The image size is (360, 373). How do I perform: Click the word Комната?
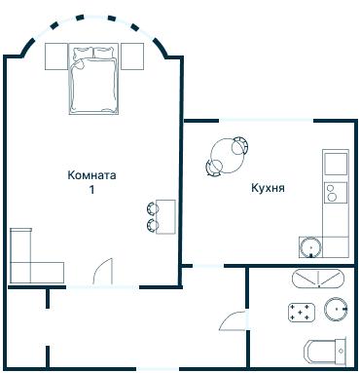[x=92, y=176]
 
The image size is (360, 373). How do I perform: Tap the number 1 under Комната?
[x=92, y=191]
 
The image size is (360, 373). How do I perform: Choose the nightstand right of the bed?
[x=131, y=56]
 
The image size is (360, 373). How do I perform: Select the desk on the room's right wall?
[x=166, y=216]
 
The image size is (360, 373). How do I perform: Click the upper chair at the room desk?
[x=153, y=206]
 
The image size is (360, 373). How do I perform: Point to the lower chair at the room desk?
[x=153, y=226]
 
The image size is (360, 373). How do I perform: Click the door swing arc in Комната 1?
[x=105, y=270]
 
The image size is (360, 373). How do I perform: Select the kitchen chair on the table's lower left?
[x=212, y=168]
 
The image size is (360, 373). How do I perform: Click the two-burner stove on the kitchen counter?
[x=335, y=191]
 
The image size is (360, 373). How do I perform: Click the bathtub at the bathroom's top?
[x=317, y=280]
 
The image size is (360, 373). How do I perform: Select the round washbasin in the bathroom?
[x=336, y=311]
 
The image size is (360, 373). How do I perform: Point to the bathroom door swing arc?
[x=232, y=318]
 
